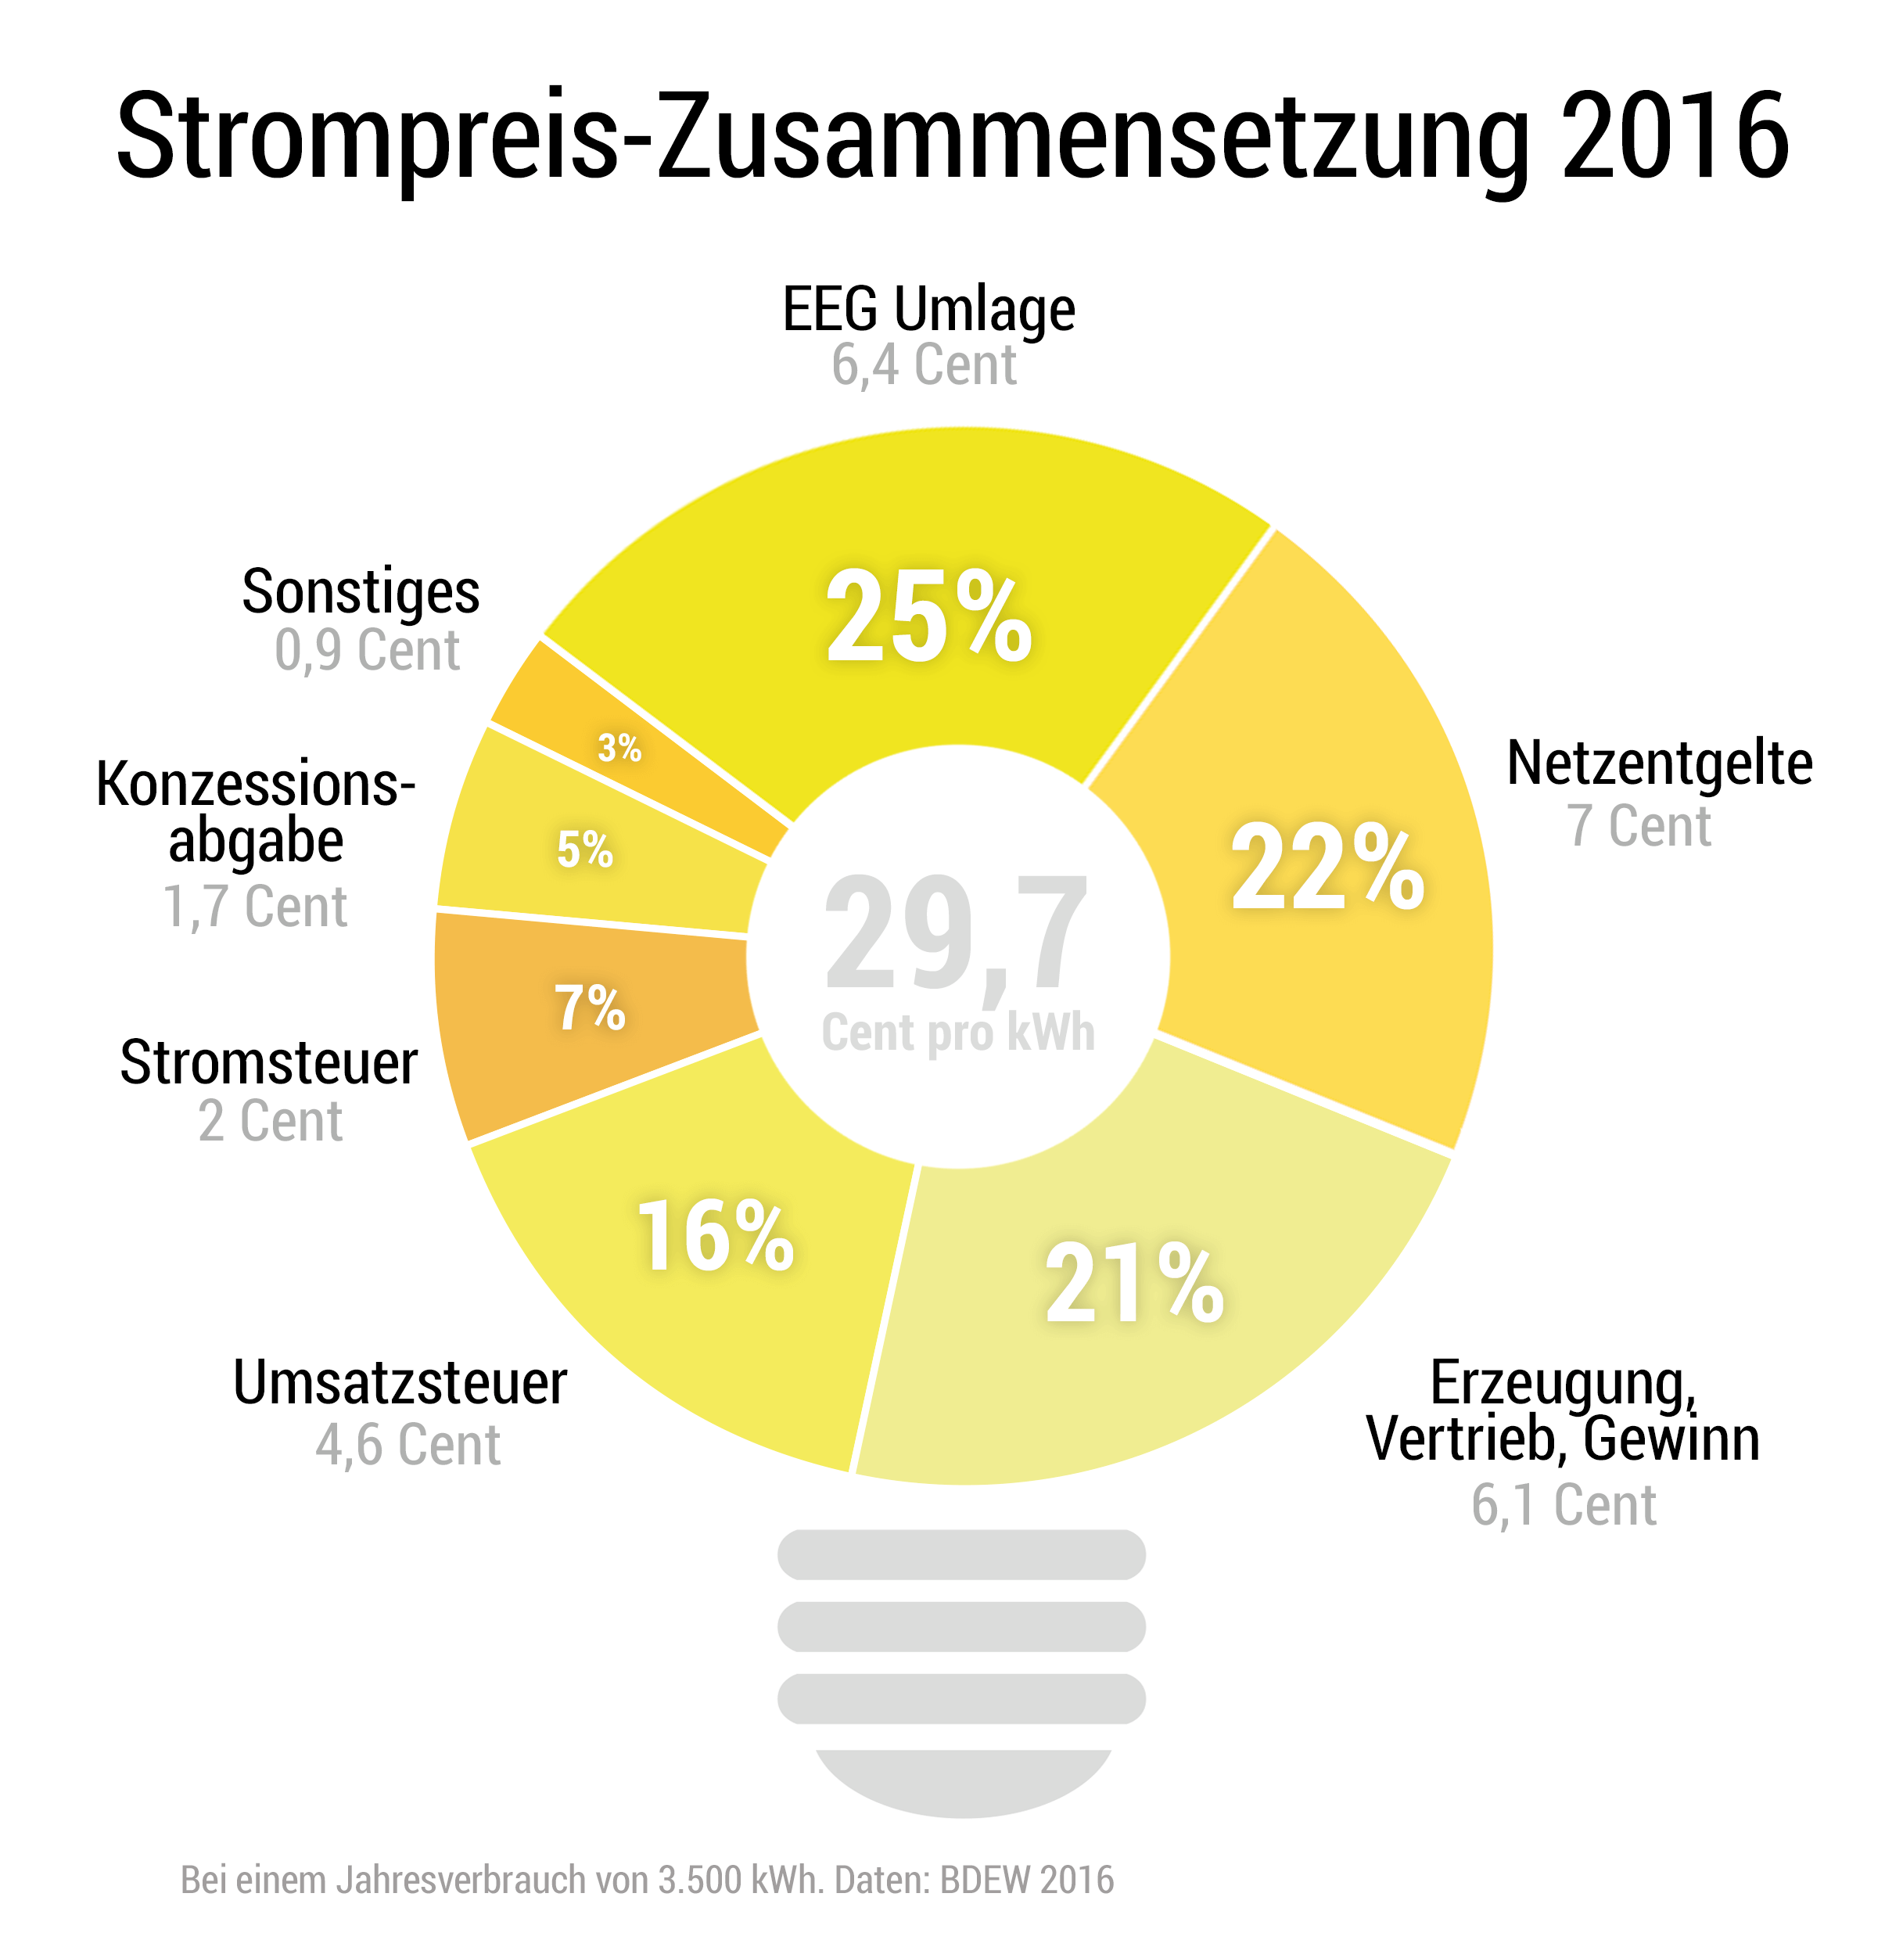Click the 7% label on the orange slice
[589, 1008]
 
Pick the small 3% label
[619, 748]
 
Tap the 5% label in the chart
[584, 850]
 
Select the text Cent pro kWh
[957, 1032]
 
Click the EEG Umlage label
[928, 309]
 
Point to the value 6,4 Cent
[923, 365]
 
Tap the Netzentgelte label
[1659, 763]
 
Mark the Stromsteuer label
[268, 1062]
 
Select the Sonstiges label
[361, 592]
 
